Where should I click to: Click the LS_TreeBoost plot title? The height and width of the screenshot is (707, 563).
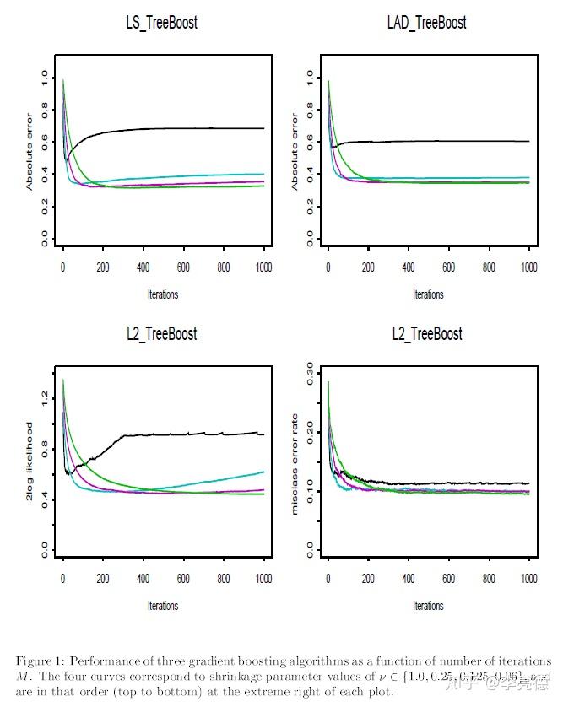[x=161, y=23]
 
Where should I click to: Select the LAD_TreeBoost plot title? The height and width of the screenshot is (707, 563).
[x=427, y=23]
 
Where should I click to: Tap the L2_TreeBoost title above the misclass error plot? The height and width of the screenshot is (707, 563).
[x=427, y=334]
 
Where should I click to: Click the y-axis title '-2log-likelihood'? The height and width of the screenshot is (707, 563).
[x=30, y=462]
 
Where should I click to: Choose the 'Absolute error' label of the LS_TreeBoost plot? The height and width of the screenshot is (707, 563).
[x=30, y=151]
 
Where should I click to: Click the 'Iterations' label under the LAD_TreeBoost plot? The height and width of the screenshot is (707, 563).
[x=427, y=294]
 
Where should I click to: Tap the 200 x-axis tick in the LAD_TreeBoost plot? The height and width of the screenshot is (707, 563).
[x=368, y=267]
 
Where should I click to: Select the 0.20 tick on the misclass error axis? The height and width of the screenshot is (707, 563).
[x=309, y=431]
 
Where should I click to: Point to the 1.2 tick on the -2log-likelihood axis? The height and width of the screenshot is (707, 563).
[x=44, y=395]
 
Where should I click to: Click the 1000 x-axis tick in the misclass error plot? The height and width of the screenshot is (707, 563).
[x=528, y=579]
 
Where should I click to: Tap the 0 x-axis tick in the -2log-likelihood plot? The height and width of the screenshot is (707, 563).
[x=62, y=579]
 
